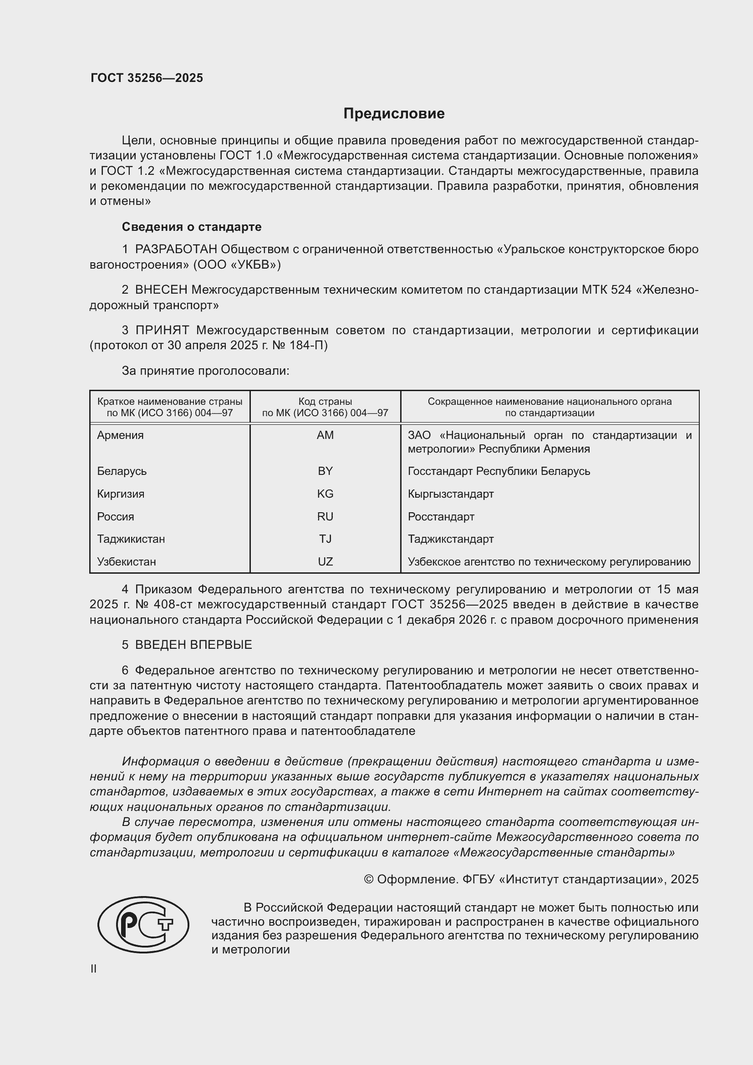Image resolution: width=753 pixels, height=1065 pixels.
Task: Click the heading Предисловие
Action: (394, 114)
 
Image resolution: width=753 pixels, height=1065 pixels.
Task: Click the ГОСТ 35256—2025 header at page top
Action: (147, 78)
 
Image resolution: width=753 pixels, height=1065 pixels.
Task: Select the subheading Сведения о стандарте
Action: (192, 227)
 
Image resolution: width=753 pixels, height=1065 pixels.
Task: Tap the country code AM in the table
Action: (325, 435)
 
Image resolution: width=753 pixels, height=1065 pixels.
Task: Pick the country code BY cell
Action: (325, 471)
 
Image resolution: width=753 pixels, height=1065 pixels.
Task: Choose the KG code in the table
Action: (325, 494)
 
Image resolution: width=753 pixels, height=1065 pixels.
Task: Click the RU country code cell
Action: (325, 517)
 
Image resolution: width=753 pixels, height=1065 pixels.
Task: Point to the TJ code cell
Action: (325, 539)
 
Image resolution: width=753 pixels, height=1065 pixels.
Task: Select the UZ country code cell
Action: (325, 562)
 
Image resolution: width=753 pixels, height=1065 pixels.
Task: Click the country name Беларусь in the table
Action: (122, 471)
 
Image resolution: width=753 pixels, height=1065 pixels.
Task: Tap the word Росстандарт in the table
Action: (441, 517)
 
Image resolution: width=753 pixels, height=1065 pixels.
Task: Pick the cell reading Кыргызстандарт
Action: (451, 494)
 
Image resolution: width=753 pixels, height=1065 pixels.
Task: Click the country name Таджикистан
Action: (131, 539)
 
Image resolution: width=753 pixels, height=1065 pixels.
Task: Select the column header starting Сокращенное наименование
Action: (549, 407)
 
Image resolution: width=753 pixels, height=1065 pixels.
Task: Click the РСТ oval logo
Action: (143, 924)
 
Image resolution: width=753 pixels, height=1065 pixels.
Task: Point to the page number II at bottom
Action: (93, 968)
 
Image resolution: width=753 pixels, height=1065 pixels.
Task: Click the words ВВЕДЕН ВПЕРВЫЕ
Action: (193, 645)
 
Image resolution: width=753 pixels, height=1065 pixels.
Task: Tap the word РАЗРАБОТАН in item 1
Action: (176, 250)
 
